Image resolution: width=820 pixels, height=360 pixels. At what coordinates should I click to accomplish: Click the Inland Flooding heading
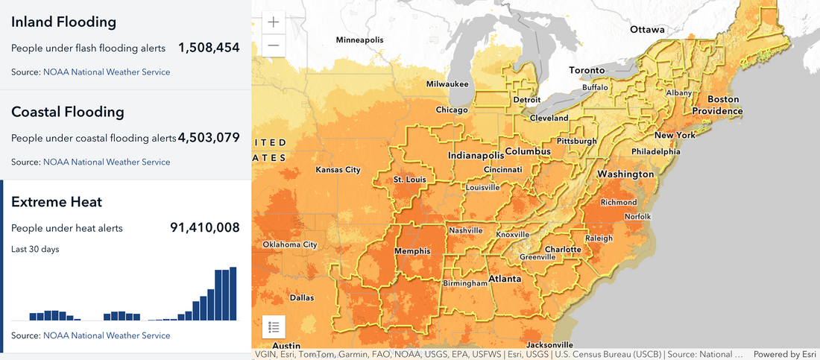[63, 22]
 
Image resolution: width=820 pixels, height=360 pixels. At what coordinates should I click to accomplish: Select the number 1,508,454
[209, 48]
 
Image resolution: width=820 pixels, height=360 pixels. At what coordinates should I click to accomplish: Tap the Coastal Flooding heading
[67, 112]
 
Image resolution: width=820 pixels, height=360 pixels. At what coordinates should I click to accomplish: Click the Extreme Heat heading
[57, 202]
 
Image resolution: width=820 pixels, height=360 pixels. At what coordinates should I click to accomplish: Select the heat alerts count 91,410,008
[205, 228]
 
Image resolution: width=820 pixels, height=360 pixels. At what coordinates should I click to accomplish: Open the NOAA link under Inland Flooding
[107, 72]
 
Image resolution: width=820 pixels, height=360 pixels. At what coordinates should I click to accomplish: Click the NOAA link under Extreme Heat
[107, 335]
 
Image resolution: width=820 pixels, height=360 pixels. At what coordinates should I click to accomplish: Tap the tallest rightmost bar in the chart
[233, 293]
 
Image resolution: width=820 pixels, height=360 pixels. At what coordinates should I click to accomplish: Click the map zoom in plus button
[274, 22]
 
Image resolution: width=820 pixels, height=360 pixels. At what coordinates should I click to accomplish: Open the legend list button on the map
[274, 326]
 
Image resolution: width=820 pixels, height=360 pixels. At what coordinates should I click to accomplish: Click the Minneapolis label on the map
[359, 40]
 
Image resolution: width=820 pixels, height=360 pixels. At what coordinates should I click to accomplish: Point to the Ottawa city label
[646, 30]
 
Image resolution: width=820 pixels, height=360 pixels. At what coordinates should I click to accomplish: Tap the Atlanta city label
[505, 280]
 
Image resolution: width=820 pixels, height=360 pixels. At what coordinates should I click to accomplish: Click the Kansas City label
[338, 170]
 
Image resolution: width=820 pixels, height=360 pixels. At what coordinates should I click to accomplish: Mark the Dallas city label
[302, 297]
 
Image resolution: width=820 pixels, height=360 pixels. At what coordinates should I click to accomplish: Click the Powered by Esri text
[785, 355]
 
